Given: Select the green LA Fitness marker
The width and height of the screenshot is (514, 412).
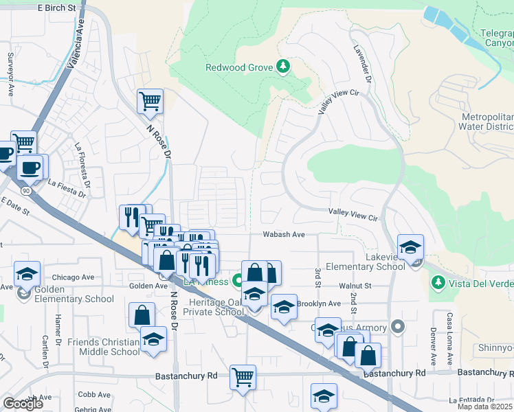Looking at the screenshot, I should (238, 281).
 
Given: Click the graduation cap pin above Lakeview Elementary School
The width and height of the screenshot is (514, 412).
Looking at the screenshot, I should (410, 247).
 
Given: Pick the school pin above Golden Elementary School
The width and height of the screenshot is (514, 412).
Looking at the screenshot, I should (27, 275).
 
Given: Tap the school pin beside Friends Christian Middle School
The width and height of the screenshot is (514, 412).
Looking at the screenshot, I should (153, 339).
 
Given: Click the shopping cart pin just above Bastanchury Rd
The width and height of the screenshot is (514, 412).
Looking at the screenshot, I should (243, 377).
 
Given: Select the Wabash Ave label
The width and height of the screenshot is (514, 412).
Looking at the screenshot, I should (284, 234).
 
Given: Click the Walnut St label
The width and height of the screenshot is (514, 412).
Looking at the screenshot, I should (354, 285).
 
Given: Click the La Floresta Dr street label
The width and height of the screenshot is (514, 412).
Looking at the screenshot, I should (83, 165).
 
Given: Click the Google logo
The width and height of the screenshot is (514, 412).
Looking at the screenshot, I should (23, 404).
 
